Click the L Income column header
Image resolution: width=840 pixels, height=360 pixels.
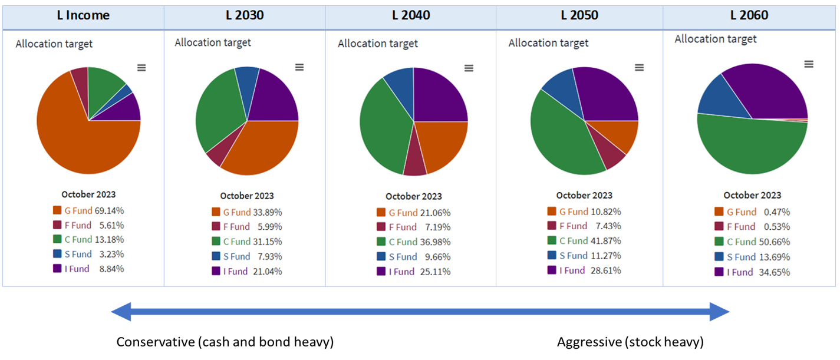[83, 15]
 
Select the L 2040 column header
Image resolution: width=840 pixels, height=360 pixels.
[411, 15]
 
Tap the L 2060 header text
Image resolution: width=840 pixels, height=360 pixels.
[749, 15]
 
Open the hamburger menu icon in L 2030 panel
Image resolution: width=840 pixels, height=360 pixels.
[299, 67]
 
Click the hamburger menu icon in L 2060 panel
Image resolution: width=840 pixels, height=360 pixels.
[809, 64]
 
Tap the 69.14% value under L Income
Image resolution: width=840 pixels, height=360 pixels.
[109, 210]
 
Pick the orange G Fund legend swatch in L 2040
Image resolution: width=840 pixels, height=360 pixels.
[381, 213]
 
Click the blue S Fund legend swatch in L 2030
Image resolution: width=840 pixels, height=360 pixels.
[216, 256]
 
